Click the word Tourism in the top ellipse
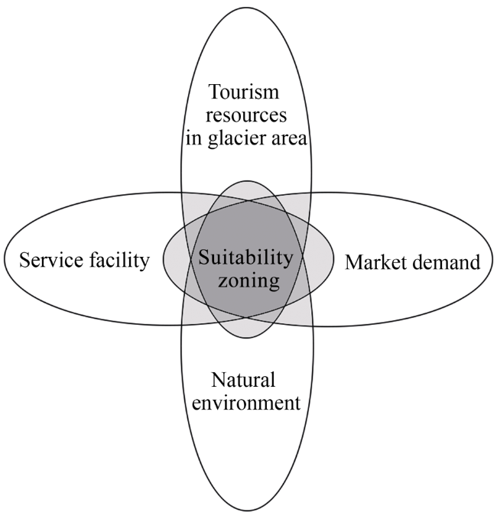point(245,94)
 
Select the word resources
point(245,116)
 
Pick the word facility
point(120,261)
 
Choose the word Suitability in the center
point(245,258)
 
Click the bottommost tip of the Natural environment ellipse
point(247,511)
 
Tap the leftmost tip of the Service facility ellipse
point(5,259)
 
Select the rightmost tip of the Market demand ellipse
point(492,260)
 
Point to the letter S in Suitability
point(204,258)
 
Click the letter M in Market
point(353,263)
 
